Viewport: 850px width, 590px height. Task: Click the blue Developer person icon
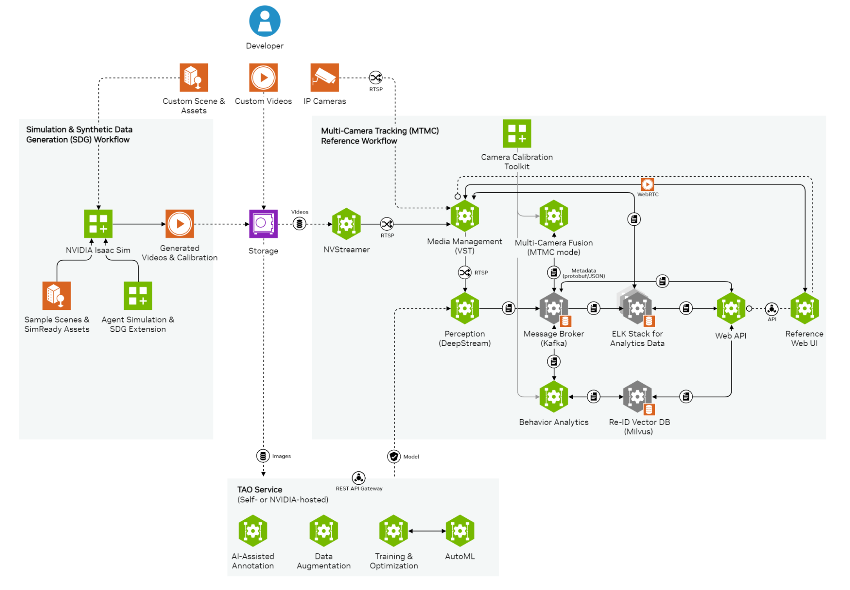click(264, 21)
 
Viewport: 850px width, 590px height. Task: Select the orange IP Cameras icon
click(324, 77)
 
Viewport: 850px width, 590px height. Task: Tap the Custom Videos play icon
click(263, 77)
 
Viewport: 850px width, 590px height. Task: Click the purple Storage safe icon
click(263, 224)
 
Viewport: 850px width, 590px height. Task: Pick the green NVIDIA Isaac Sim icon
click(98, 224)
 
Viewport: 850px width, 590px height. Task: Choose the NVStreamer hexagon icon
click(347, 224)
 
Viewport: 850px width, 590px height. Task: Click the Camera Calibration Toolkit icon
click(517, 133)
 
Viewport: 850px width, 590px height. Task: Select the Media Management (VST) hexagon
click(465, 216)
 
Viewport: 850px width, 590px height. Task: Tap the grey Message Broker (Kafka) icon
click(554, 308)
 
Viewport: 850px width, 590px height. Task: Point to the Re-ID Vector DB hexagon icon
click(637, 397)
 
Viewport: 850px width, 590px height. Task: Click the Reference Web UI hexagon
click(805, 308)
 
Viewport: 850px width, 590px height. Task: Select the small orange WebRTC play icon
click(647, 184)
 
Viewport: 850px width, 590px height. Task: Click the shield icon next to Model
click(394, 457)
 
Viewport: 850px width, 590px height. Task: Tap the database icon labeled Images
click(263, 456)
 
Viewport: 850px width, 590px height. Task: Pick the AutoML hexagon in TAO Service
click(460, 531)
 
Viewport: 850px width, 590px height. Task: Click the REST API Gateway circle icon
click(358, 478)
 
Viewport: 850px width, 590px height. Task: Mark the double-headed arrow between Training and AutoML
click(427, 531)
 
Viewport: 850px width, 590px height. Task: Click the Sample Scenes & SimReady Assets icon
click(57, 295)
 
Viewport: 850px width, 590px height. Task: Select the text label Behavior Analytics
click(554, 422)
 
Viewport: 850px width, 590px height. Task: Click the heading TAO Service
click(259, 490)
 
